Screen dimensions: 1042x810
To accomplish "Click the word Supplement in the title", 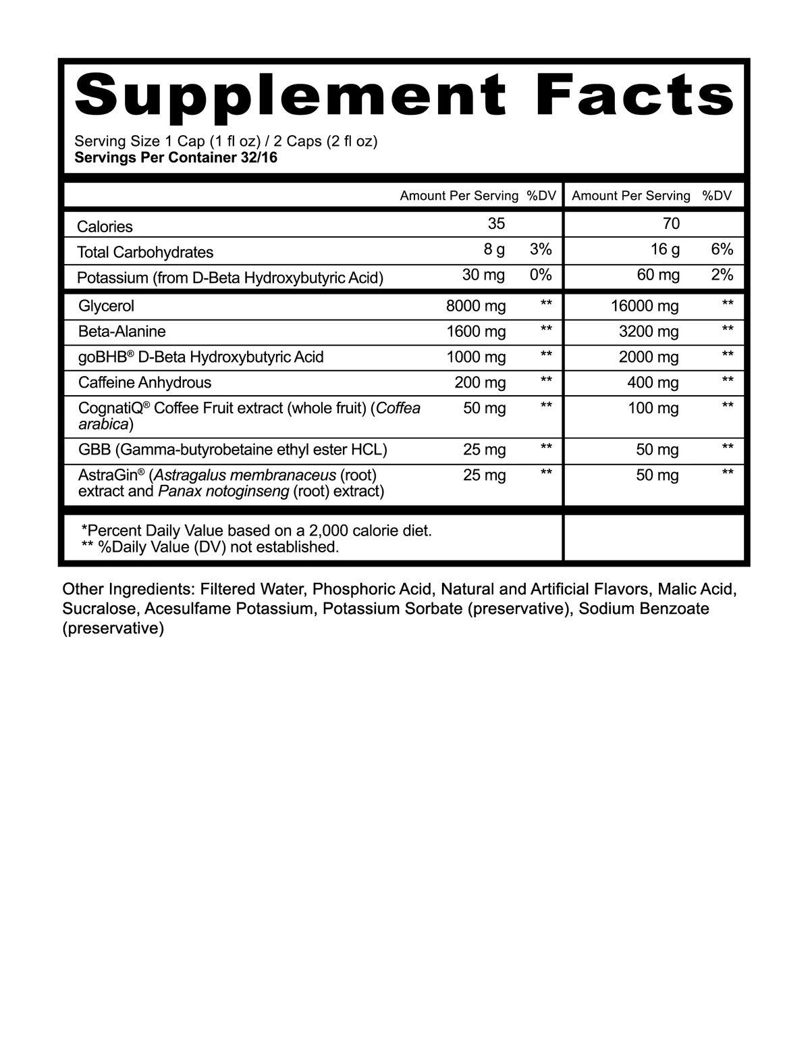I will tap(291, 94).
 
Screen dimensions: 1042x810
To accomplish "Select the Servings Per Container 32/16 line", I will tap(175, 158).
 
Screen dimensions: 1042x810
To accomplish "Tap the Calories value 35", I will tap(496, 224).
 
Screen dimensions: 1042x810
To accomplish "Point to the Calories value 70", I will tap(671, 224).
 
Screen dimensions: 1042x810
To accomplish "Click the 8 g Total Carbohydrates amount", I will tap(494, 250).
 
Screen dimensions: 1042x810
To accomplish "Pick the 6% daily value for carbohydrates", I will tap(722, 250).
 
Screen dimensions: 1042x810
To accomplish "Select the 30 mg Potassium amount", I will tap(483, 275).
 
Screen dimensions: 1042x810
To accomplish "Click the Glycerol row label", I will tap(106, 306).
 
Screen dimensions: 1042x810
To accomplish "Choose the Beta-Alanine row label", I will tap(122, 332).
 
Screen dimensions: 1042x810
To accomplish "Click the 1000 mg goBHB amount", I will tap(476, 357).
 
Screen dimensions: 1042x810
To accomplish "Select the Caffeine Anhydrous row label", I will tap(144, 383).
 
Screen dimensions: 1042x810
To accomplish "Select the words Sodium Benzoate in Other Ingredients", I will tap(644, 609).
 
